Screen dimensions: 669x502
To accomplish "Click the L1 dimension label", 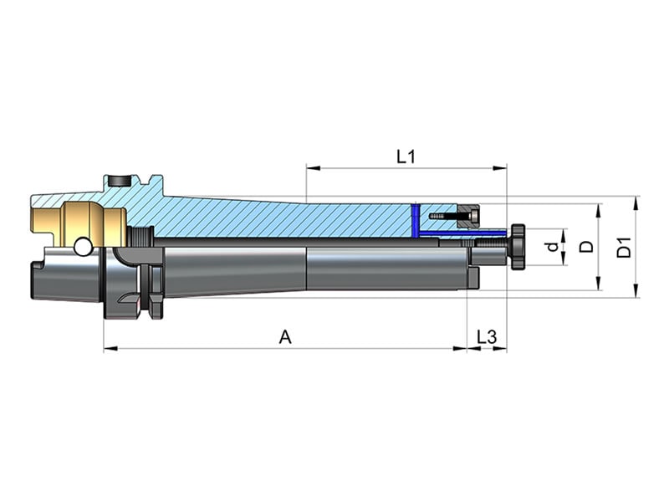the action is pyautogui.click(x=406, y=157).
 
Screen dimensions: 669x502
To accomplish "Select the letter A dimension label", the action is pyautogui.click(x=285, y=337).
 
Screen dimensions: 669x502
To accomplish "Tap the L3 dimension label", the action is pyautogui.click(x=487, y=337).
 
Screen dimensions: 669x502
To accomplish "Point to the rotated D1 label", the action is pyautogui.click(x=624, y=248).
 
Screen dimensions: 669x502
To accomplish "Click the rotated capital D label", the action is pyautogui.click(x=587, y=247).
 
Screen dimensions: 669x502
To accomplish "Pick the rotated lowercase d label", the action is pyautogui.click(x=553, y=247).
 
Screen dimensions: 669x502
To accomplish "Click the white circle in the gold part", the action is pyautogui.click(x=83, y=247).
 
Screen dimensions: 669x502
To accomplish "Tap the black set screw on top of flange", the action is pyautogui.click(x=119, y=181).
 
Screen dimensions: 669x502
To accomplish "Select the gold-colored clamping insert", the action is pyautogui.click(x=79, y=224).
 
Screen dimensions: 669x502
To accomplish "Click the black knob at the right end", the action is pyautogui.click(x=517, y=246).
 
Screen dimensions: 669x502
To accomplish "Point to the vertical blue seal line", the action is pyautogui.click(x=414, y=220).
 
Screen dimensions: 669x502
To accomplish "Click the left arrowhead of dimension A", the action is pyautogui.click(x=110, y=349).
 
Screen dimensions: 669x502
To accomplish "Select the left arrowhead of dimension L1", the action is pyautogui.click(x=313, y=168).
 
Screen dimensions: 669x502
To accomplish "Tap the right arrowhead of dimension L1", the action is pyautogui.click(x=500, y=168).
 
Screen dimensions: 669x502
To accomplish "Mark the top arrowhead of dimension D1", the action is pyautogui.click(x=636, y=203).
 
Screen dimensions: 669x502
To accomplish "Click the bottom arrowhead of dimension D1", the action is pyautogui.click(x=636, y=290).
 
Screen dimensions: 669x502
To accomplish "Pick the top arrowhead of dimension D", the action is pyautogui.click(x=598, y=211).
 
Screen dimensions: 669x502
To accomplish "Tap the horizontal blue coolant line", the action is pyautogui.click(x=462, y=233).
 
